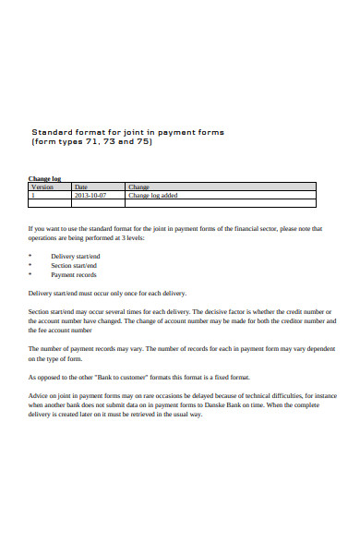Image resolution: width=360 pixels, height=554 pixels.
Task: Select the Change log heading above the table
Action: (44, 178)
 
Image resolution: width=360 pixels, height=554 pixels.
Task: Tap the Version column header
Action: (42, 187)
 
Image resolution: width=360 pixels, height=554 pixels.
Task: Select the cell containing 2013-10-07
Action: (90, 195)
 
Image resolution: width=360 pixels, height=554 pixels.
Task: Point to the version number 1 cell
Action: (33, 195)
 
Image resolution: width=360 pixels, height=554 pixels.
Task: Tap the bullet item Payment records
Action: (73, 274)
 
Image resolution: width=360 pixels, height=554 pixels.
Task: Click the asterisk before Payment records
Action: (30, 274)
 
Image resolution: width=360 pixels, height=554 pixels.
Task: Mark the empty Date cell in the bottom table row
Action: (96, 204)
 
